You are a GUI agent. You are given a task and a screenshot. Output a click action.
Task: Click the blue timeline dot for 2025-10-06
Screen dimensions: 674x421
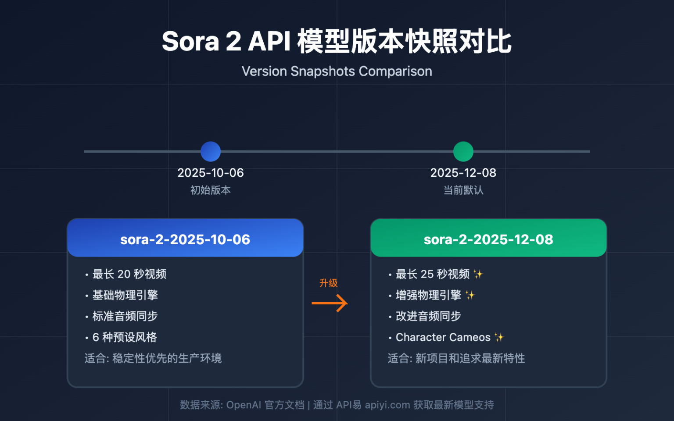pos(211,152)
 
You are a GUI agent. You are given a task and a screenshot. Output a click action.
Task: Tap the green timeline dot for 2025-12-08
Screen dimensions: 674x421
pos(463,152)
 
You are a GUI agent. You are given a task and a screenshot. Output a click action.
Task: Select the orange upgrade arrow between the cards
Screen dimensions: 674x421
pos(330,303)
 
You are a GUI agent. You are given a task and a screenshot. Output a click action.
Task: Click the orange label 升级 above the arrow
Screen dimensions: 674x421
pos(329,283)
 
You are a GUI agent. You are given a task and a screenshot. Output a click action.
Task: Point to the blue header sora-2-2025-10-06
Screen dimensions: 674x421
pos(185,239)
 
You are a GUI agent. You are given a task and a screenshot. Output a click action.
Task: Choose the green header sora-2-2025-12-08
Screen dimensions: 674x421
pos(488,239)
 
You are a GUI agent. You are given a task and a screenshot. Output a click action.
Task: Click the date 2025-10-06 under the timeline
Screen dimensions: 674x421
pos(211,173)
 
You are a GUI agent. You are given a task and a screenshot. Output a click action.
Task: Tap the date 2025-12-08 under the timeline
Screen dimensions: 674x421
pos(463,173)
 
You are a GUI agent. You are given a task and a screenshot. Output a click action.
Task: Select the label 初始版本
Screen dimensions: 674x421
pos(211,190)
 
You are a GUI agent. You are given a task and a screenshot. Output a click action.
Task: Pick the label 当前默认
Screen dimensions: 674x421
pos(463,190)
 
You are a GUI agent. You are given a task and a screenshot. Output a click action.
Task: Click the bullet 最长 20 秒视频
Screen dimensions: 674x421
pos(129,274)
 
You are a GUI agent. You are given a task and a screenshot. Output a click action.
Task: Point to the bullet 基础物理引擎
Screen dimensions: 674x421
pos(125,295)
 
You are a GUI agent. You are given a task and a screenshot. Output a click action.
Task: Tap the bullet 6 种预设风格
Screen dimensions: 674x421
pos(125,337)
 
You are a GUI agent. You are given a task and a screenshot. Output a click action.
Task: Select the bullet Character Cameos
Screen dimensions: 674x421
pos(443,337)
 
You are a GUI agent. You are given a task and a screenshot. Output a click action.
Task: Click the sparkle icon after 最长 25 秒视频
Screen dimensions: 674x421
pos(478,274)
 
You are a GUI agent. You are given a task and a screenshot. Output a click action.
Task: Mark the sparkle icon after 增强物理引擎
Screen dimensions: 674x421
pos(470,295)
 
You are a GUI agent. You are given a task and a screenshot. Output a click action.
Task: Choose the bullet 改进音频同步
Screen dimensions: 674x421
pos(428,316)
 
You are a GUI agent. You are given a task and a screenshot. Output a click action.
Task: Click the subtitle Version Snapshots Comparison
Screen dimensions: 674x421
pos(337,71)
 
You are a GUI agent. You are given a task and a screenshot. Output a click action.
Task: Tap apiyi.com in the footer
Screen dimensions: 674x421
pos(387,405)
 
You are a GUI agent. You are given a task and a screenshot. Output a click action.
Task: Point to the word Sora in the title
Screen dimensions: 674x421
pos(190,42)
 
